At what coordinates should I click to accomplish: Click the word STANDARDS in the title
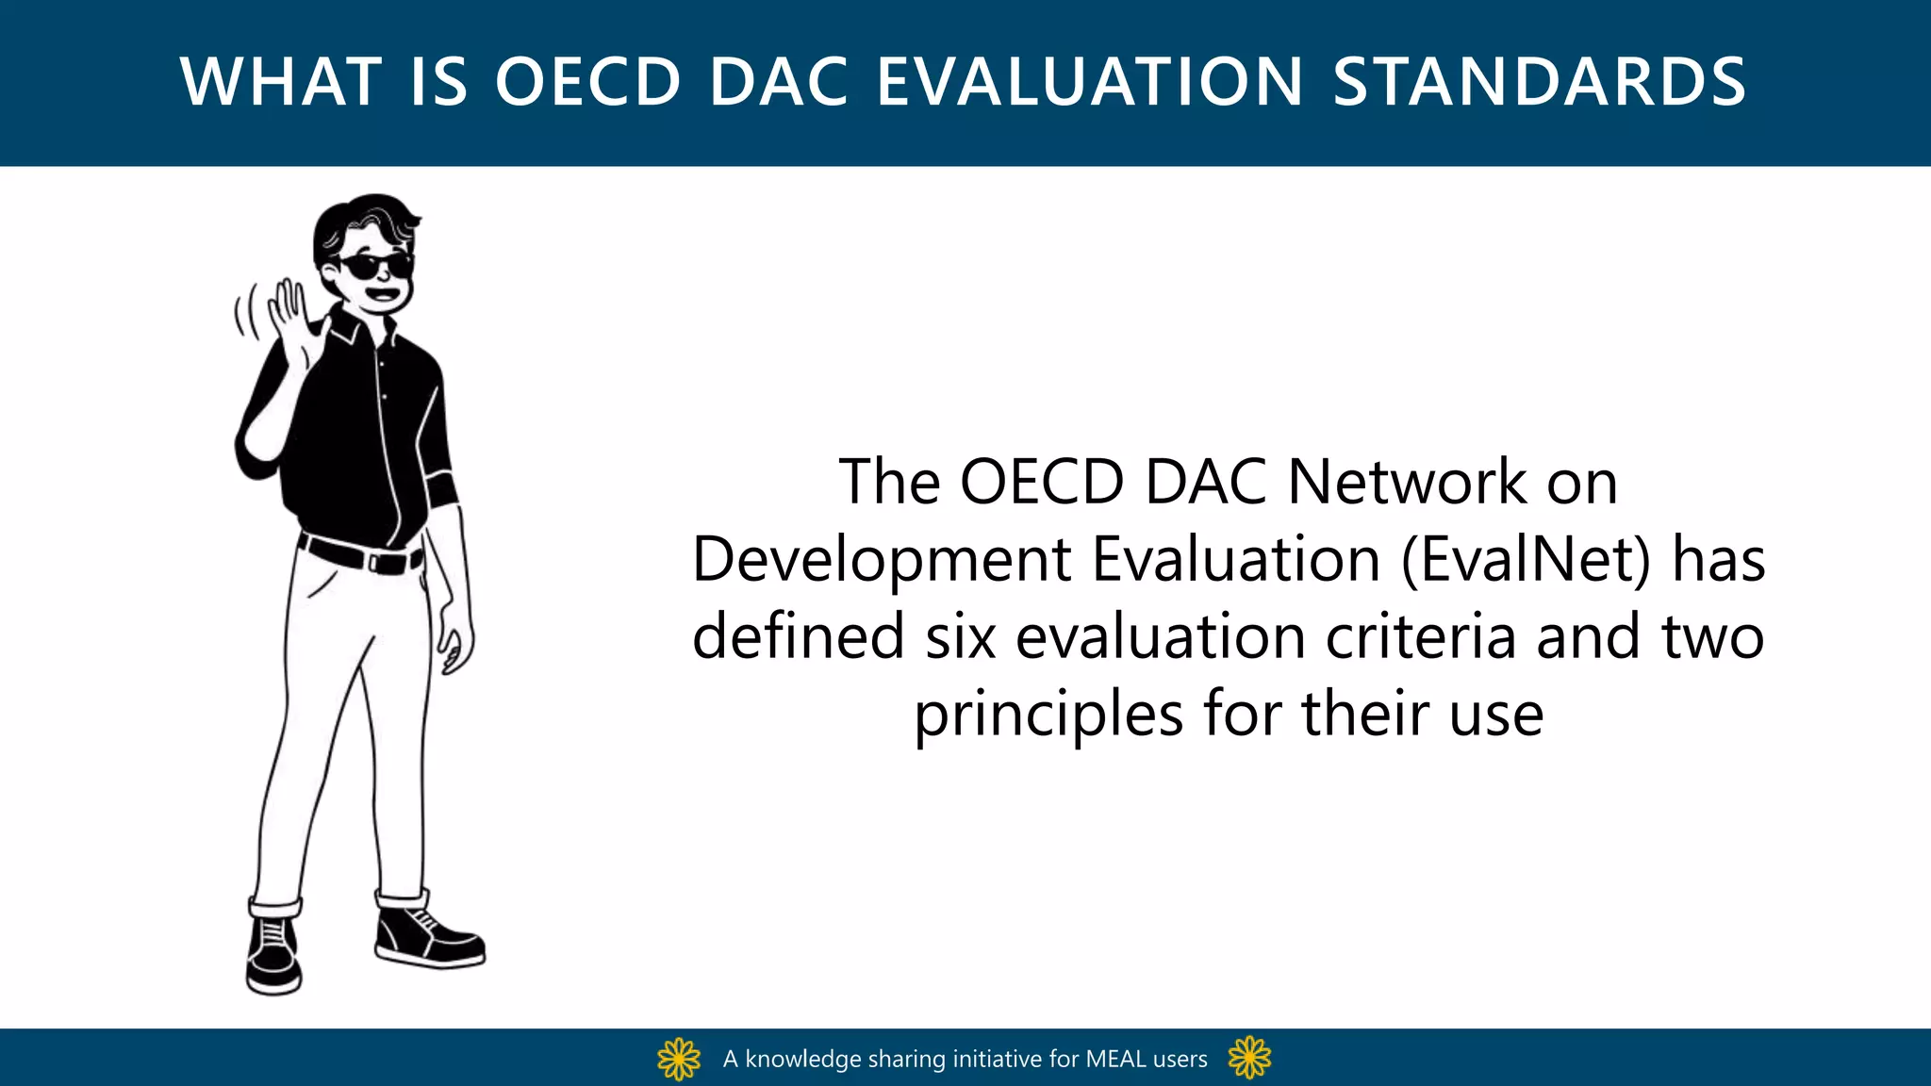[1539, 82]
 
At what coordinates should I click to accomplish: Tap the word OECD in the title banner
[587, 82]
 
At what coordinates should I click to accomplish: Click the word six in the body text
[960, 637]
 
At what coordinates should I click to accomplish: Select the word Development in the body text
[882, 560]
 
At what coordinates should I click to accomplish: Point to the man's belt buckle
[388, 564]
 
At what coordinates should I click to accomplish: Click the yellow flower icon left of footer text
[679, 1059]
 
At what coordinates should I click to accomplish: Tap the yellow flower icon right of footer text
[1249, 1058]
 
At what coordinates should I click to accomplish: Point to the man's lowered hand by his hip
[455, 646]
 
